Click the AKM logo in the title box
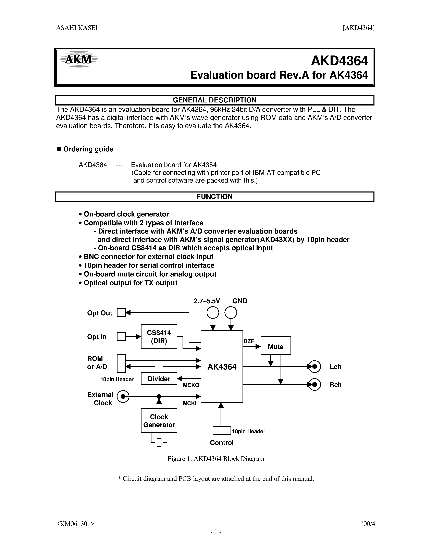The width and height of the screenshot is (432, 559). pyautogui.click(x=78, y=59)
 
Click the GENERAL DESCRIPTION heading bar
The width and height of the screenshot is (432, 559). pyautogui.click(x=214, y=100)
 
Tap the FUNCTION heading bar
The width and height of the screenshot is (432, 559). pyautogui.click(x=214, y=197)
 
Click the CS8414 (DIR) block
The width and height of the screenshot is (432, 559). pyautogui.click(x=159, y=337)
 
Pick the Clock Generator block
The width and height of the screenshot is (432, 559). pyautogui.click(x=159, y=421)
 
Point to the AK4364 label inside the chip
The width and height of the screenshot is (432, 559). pyautogui.click(x=222, y=367)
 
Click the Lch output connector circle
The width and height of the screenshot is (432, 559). pyautogui.click(x=314, y=367)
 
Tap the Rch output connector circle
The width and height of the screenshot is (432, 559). pyautogui.click(x=314, y=384)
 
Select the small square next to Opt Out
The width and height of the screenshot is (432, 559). pyautogui.click(x=121, y=312)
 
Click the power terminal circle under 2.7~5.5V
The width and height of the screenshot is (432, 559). pyautogui.click(x=213, y=312)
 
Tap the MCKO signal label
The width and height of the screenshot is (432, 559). pyautogui.click(x=191, y=385)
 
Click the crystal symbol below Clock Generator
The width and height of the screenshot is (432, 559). pyautogui.click(x=159, y=442)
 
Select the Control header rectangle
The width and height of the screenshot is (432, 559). pyautogui.click(x=222, y=431)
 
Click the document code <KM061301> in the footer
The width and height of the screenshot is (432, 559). pyautogui.click(x=75, y=524)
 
